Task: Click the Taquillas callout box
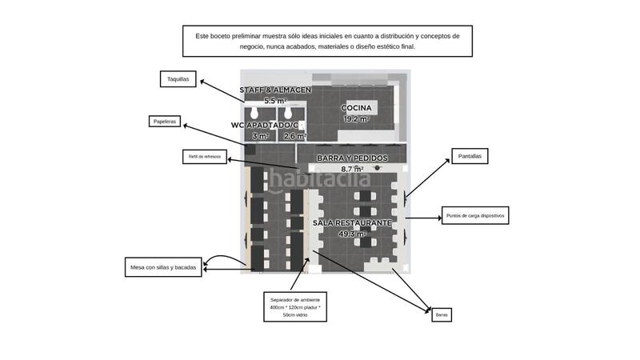coord(179,79)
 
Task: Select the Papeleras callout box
coord(166,122)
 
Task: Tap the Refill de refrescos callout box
coord(205,156)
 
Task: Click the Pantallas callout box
coord(470,157)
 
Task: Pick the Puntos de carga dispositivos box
coord(475,215)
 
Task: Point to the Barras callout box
coord(442,315)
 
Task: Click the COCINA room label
coord(356,108)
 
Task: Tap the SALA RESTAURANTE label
coord(352,222)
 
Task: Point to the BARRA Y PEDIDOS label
coord(352,158)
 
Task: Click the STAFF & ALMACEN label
coord(275,90)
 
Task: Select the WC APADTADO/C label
coord(264,126)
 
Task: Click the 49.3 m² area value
coord(352,234)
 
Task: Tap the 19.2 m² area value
coord(356,119)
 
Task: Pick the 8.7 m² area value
coord(352,170)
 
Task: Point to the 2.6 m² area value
coord(294,137)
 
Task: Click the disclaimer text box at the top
coord(327,41)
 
